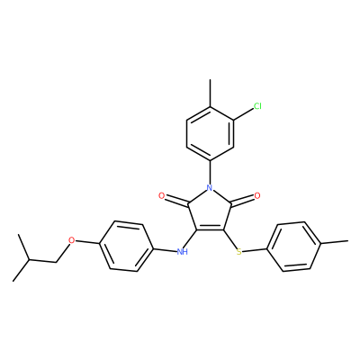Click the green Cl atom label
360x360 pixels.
click(257, 106)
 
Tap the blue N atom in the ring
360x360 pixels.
click(210, 188)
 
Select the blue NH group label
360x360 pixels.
click(182, 251)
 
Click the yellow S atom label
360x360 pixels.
click(238, 251)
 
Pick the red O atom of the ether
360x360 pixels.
click(71, 240)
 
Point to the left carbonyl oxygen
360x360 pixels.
click(162, 196)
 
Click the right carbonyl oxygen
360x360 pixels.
click(257, 196)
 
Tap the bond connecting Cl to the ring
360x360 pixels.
click(244, 114)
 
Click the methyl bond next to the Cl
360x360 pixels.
click(210, 93)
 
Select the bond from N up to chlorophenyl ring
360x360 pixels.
click(210, 172)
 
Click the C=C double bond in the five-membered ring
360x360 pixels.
click(210, 230)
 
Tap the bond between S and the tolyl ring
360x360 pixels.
click(255, 249)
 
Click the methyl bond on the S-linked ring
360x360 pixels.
click(335, 241)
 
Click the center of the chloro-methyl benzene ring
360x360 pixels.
click(210, 134)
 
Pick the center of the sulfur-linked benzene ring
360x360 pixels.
click(294, 247)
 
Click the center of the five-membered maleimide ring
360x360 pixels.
click(210, 211)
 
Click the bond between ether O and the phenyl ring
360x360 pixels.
click(87, 242)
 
